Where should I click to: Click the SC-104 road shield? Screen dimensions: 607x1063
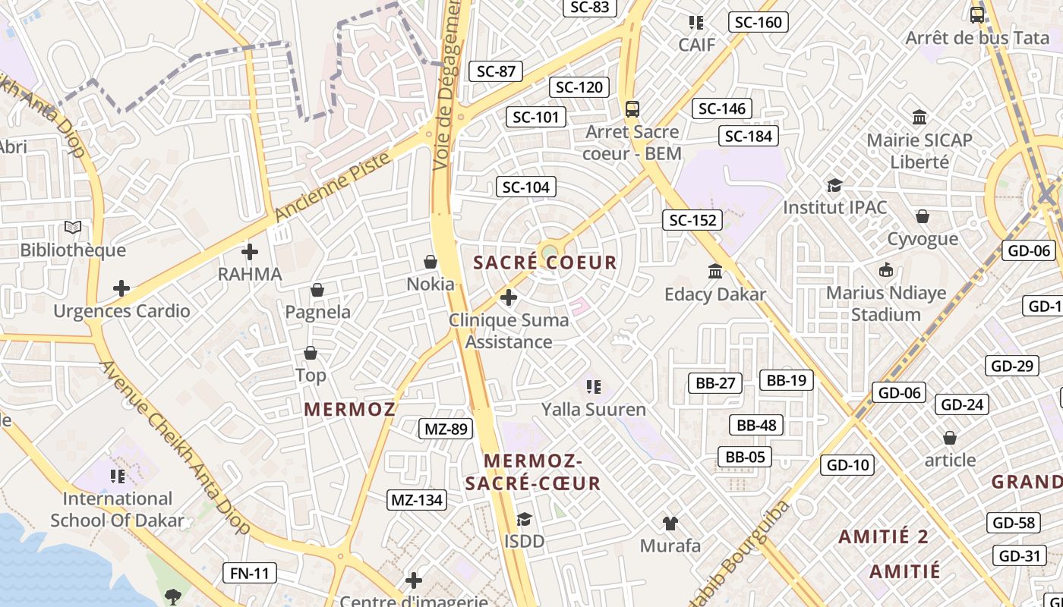525,187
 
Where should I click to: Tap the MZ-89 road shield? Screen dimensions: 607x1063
446,429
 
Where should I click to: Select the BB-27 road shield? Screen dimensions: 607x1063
715,383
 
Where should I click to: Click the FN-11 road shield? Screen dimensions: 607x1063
250,573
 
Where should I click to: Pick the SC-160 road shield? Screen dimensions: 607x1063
759,22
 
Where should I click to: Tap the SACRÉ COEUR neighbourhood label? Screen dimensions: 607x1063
545,263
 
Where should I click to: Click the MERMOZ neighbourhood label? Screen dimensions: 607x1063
350,410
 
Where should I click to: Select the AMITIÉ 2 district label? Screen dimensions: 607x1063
883,537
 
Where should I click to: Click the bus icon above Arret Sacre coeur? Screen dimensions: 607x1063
632,109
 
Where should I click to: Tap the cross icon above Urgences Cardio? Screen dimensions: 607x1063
121,288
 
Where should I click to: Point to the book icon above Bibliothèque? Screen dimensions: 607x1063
73,227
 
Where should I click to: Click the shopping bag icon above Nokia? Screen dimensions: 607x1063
431,262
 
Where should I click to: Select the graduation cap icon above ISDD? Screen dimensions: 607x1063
524,519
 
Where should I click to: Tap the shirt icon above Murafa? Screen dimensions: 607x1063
670,523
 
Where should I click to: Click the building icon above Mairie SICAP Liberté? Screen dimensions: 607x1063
919,117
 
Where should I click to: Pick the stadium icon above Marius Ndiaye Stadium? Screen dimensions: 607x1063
885,269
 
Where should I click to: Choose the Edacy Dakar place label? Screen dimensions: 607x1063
715,294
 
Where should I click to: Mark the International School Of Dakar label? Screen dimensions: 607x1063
118,509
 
